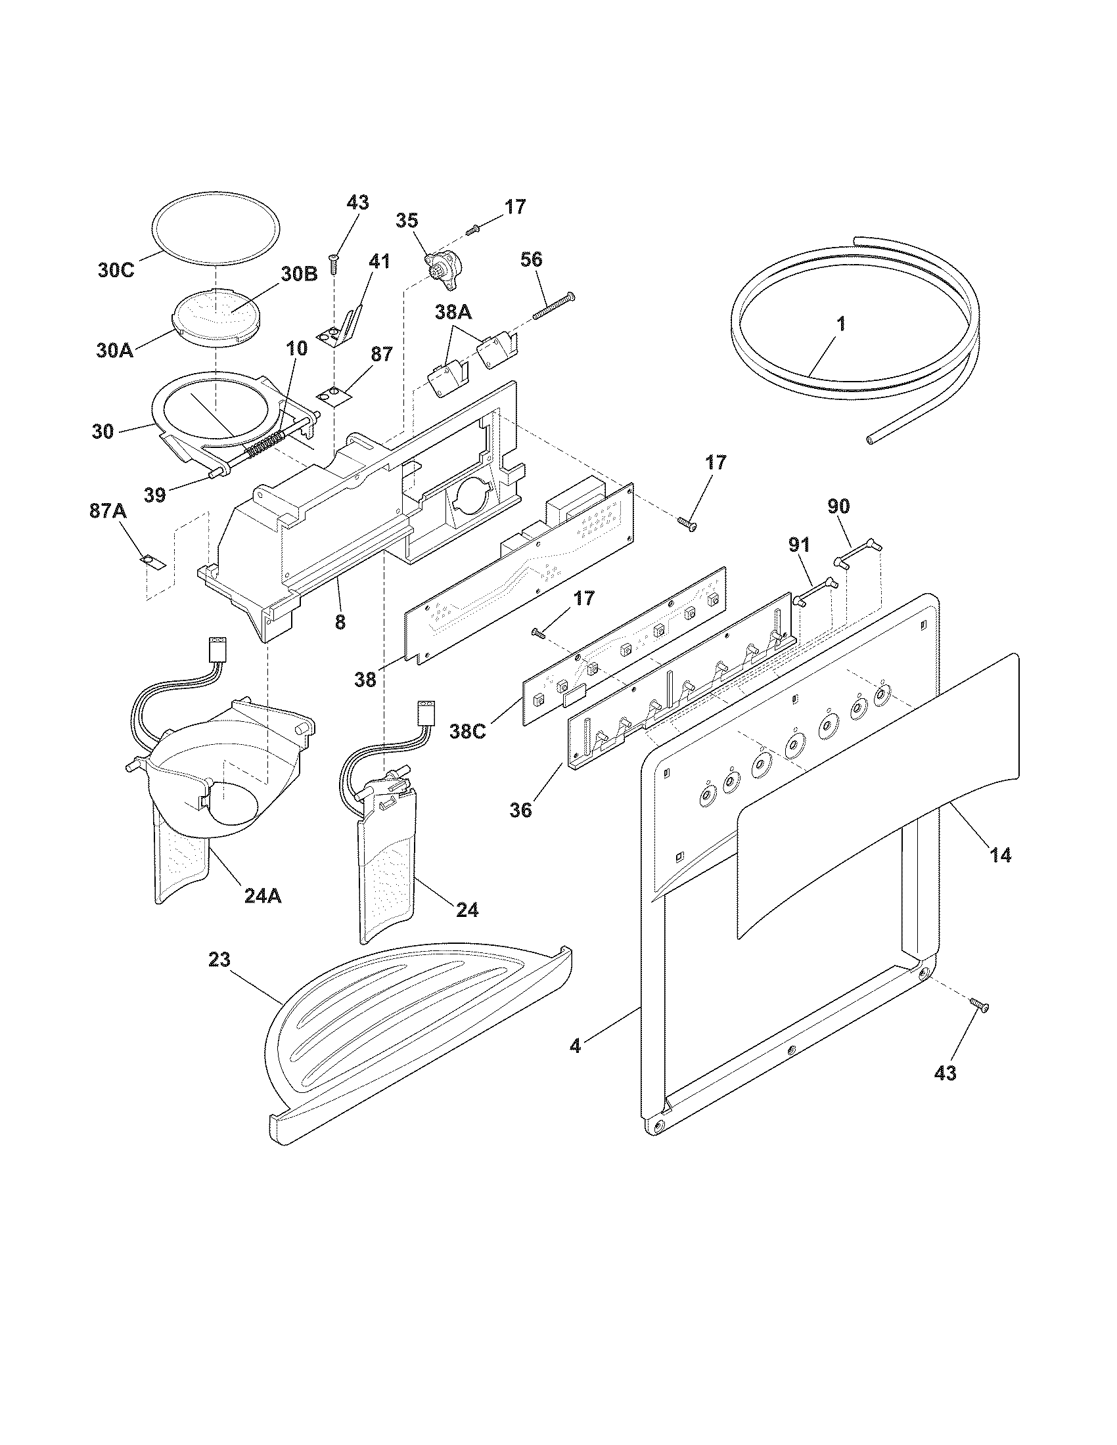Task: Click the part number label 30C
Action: [x=116, y=270]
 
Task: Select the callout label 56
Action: [x=532, y=259]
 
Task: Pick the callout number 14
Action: [x=1000, y=855]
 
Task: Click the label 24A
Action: [x=262, y=895]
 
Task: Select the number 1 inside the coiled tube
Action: [x=840, y=324]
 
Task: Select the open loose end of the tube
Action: [x=873, y=439]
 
